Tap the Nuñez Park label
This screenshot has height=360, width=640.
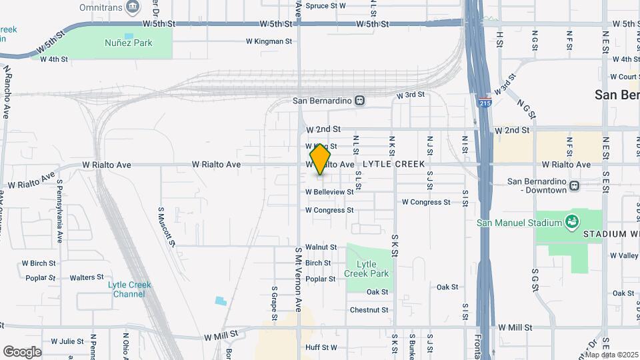(x=129, y=43)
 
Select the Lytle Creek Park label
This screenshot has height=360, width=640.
(x=366, y=268)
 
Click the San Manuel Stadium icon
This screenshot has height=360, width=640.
(x=571, y=221)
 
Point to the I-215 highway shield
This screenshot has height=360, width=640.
(x=485, y=103)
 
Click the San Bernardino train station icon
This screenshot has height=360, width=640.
(x=359, y=101)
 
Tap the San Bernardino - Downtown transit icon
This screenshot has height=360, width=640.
(x=574, y=185)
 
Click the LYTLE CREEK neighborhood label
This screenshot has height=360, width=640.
(x=394, y=163)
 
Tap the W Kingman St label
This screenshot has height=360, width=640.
(x=269, y=41)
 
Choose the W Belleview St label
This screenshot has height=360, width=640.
(x=329, y=192)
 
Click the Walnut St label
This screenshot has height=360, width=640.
(x=321, y=247)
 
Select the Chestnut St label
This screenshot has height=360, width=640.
(x=369, y=310)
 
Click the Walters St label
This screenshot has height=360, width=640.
(x=87, y=277)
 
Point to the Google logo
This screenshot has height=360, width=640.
(x=22, y=351)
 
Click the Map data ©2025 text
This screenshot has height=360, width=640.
(x=611, y=355)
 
